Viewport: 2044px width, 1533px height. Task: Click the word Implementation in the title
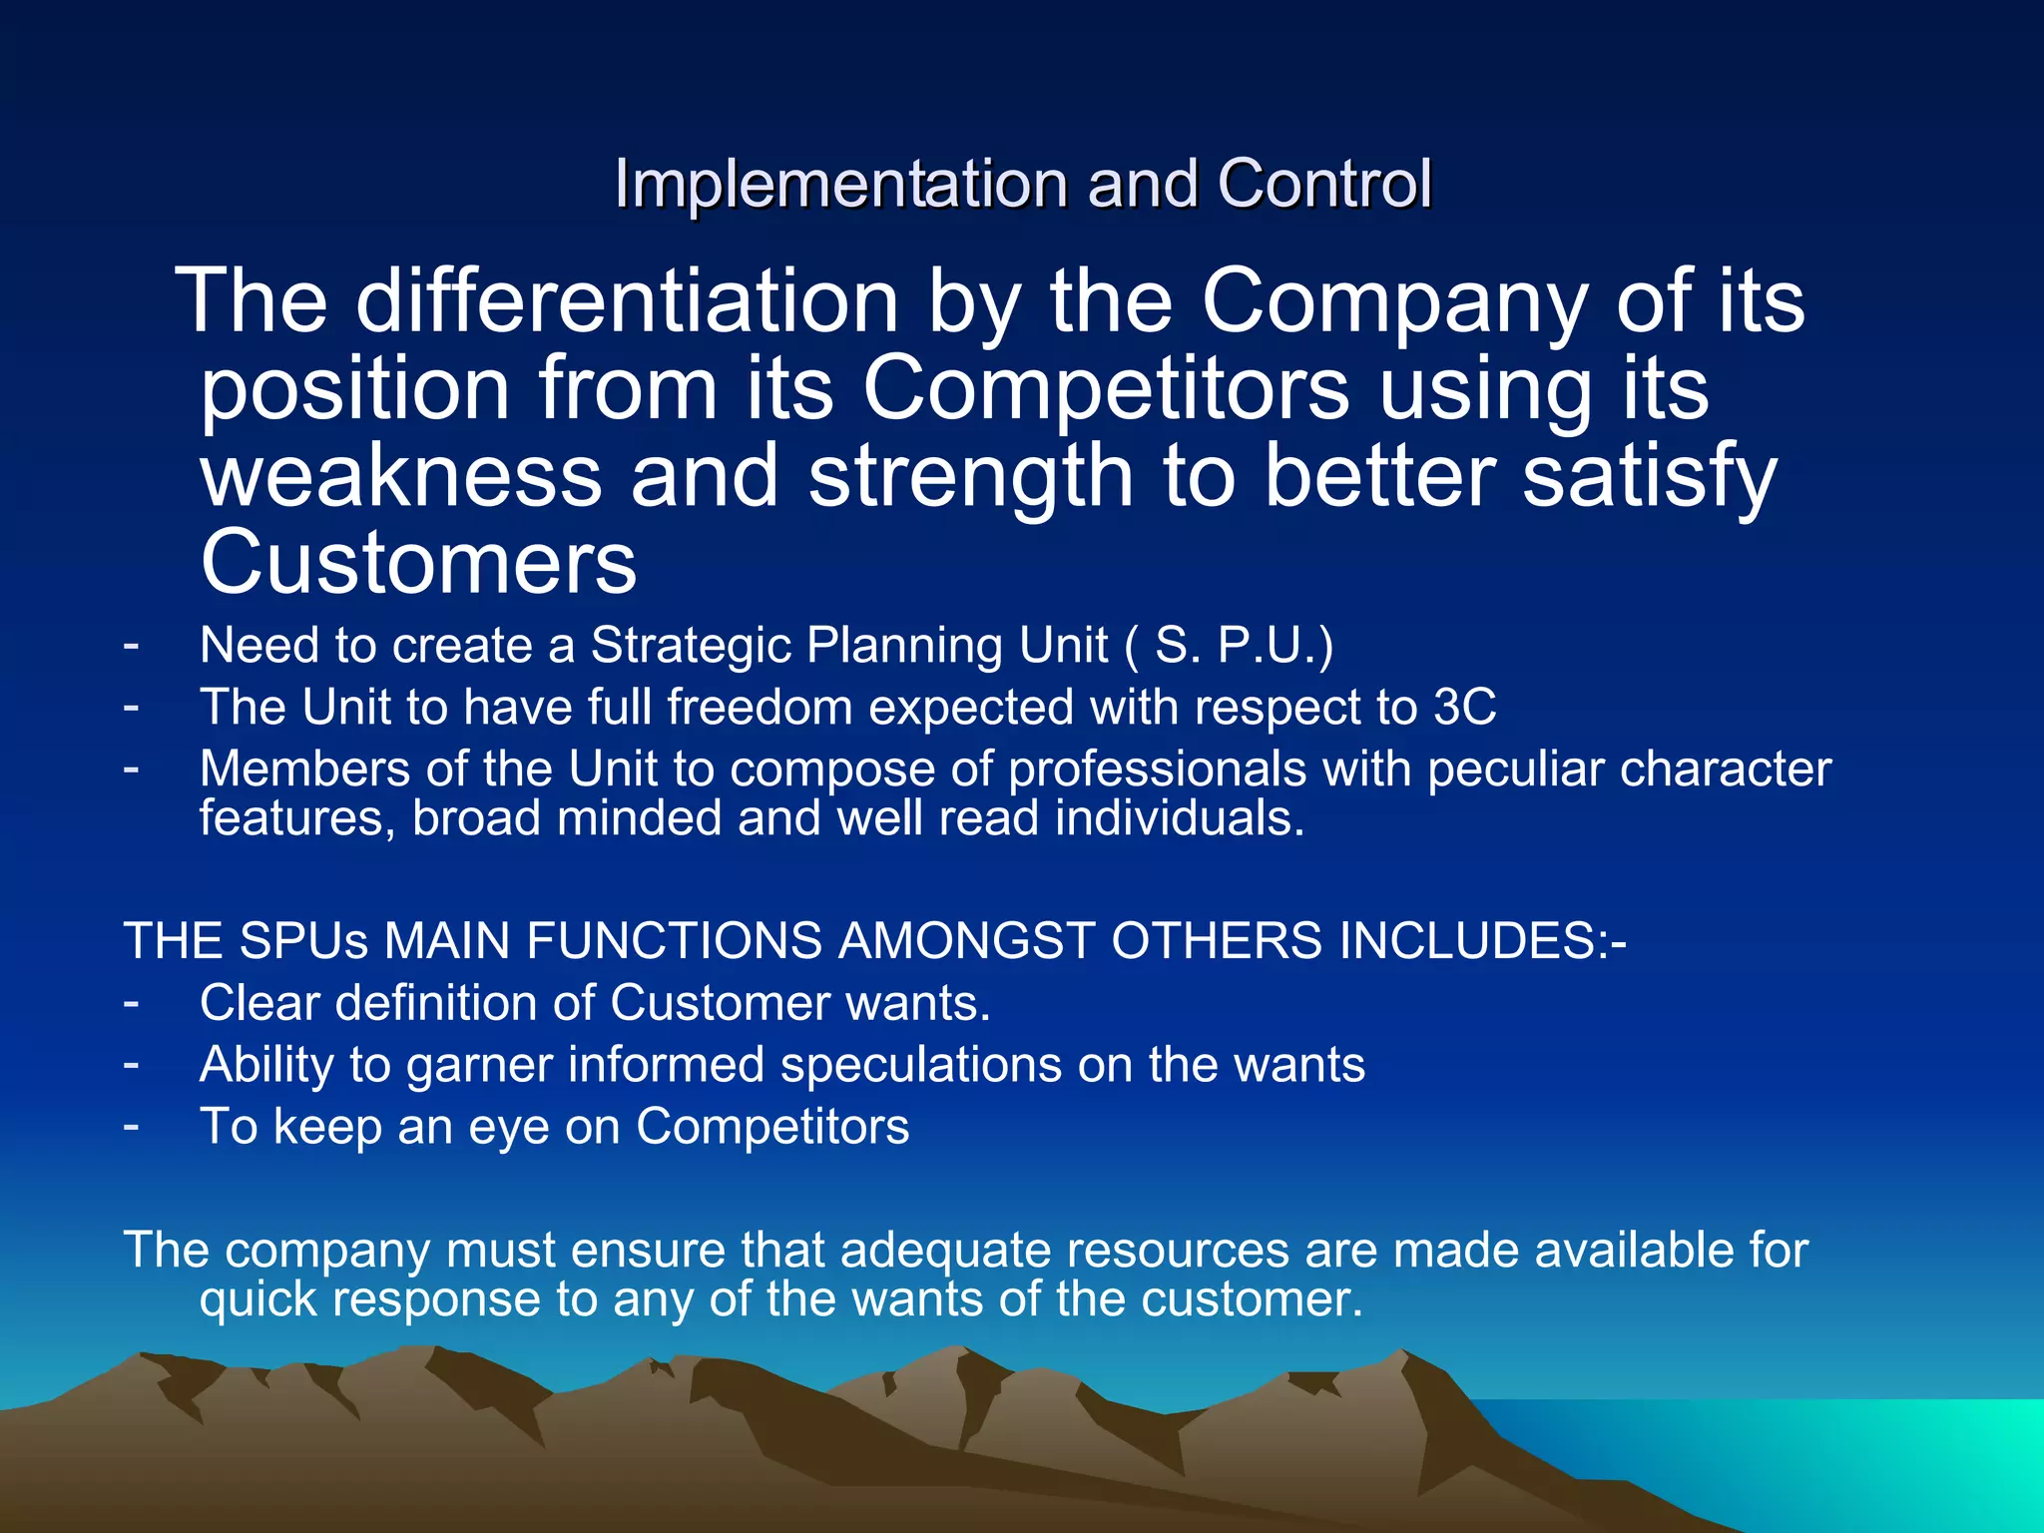pos(843,185)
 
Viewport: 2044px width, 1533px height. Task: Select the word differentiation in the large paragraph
pos(628,301)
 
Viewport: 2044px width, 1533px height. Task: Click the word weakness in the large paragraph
pos(401,476)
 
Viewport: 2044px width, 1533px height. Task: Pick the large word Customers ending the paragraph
pos(418,563)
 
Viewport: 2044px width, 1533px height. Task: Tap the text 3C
pos(1464,708)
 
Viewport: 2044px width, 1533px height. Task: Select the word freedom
pos(761,708)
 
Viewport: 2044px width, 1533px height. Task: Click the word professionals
pos(1157,769)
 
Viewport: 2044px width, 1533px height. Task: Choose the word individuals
pos(1180,818)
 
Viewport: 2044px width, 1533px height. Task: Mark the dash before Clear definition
pos(131,1002)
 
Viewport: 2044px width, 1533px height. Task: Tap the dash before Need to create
pos(131,645)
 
